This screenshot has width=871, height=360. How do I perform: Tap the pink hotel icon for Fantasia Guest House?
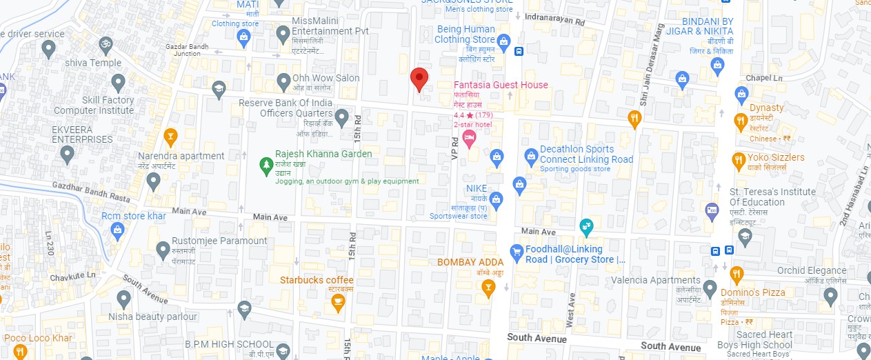tap(469, 138)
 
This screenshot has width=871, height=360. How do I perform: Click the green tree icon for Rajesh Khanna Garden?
tap(266, 164)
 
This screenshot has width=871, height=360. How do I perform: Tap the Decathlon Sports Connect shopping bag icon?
tap(530, 156)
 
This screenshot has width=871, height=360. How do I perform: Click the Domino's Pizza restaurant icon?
tap(737, 275)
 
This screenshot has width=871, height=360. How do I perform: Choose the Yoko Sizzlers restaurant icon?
tap(739, 161)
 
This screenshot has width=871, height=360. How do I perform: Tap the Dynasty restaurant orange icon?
tap(741, 123)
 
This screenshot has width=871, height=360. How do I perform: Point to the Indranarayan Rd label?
tap(554, 22)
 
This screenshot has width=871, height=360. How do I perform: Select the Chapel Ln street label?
tap(764, 78)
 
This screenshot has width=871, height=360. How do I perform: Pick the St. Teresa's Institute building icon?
tap(712, 208)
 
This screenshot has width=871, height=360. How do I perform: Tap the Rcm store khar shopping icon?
tap(117, 230)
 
